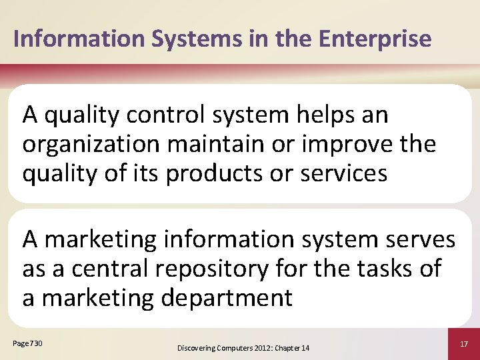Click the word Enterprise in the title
(x=375, y=39)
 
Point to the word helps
(x=326, y=115)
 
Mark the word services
(x=344, y=173)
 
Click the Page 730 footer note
(x=27, y=343)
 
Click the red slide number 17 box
(x=463, y=343)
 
